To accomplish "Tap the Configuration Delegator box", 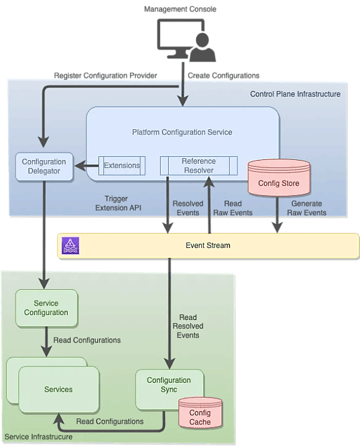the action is click(45, 166).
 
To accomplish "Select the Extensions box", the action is click(122, 166).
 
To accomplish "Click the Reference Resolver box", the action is click(199, 166).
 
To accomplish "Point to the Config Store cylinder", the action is click(278, 179).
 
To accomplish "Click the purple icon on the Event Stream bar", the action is click(70, 246).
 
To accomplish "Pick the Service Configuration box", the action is click(46, 308).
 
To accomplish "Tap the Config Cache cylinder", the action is click(201, 413).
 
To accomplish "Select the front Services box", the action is click(59, 390).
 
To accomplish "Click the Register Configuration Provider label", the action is click(105, 76).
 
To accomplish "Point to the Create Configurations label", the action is click(223, 76).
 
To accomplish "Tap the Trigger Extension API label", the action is click(118, 203).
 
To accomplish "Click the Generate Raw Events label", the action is click(307, 208).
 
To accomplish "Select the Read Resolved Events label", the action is click(188, 326).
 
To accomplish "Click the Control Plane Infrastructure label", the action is click(295, 94).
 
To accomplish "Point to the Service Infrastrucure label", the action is click(38, 437).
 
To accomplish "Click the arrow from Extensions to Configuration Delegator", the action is click(86, 166).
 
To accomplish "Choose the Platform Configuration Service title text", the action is click(182, 132).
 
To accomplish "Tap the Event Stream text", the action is click(208, 245).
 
